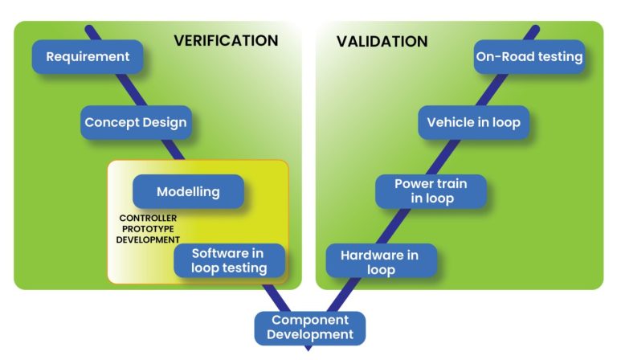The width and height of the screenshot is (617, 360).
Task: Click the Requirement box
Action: (88, 57)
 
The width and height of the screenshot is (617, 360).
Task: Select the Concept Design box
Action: (136, 123)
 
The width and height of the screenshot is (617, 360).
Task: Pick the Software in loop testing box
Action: (228, 261)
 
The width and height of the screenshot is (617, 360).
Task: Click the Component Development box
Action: (309, 327)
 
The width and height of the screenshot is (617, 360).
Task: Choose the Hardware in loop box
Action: (380, 262)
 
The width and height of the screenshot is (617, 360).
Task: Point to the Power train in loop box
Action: (431, 191)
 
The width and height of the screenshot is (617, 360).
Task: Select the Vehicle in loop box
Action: (473, 123)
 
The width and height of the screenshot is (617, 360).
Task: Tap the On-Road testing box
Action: (529, 57)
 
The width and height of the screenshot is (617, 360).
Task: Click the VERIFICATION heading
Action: (226, 40)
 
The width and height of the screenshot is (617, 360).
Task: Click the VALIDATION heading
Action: (382, 41)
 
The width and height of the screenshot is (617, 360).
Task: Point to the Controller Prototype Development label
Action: (149, 229)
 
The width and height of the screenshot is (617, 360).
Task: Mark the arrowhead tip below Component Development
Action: (308, 350)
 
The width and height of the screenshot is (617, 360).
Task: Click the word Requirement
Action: (88, 57)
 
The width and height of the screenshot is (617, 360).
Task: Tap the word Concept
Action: (113, 123)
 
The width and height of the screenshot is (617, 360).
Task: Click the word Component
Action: (310, 320)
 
